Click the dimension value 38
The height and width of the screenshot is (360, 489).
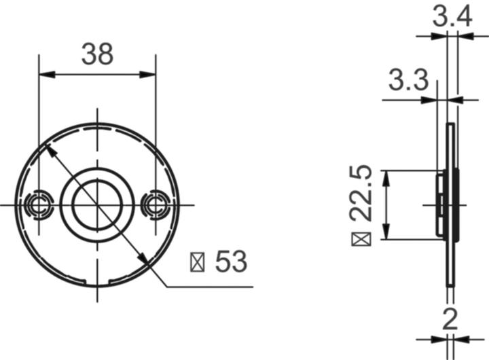pyautogui.click(x=97, y=54)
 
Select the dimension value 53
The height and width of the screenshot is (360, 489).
pyautogui.click(x=231, y=262)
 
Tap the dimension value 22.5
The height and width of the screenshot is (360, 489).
pyautogui.click(x=363, y=192)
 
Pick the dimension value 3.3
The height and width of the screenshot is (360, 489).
pyautogui.click(x=408, y=81)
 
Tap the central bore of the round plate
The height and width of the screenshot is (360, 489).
pyautogui.click(x=97, y=204)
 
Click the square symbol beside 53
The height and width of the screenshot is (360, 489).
pyautogui.click(x=198, y=262)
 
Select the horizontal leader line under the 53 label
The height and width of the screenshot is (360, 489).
pyautogui.click(x=211, y=287)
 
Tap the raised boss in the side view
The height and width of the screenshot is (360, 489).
pyautogui.click(x=441, y=204)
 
